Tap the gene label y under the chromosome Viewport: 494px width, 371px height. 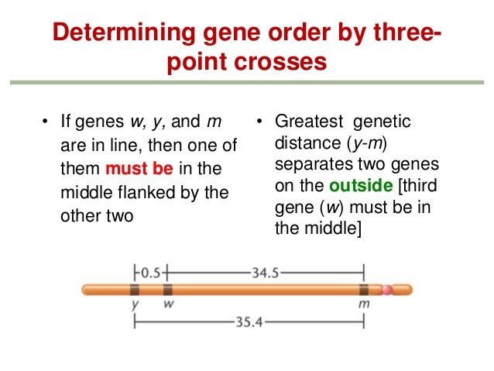point(135,305)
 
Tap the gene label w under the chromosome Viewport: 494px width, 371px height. point(168,305)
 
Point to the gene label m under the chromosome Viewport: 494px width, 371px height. point(364,305)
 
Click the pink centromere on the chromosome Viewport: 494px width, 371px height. point(387,290)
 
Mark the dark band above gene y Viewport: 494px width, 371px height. point(135,290)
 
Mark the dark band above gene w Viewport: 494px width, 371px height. point(167,290)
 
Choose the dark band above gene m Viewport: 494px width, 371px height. point(363,290)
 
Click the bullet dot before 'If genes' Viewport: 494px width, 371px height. point(45,122)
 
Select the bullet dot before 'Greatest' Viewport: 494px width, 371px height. point(261,122)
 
